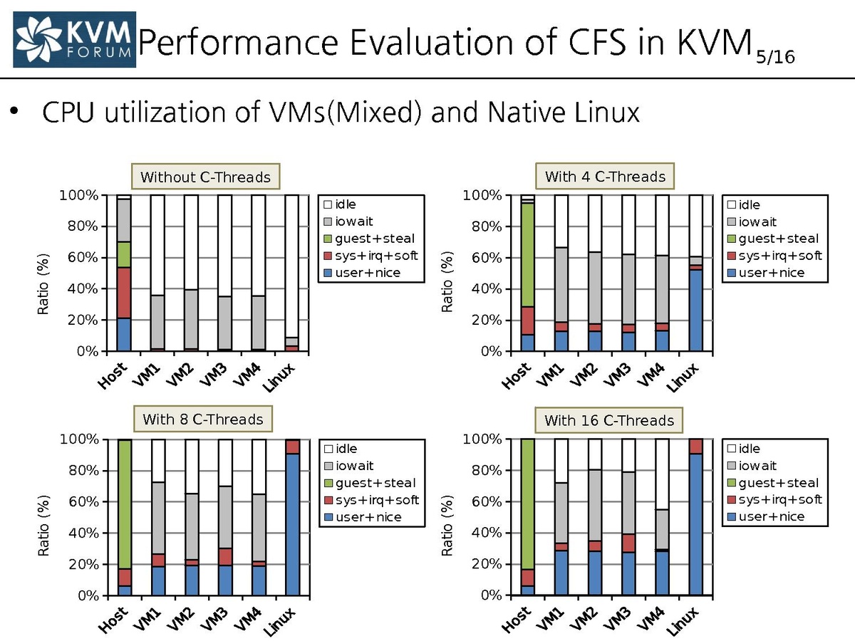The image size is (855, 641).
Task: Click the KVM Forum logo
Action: pos(74,38)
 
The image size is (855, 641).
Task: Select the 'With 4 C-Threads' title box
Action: pos(605,176)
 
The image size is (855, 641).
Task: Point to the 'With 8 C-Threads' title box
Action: pos(202,419)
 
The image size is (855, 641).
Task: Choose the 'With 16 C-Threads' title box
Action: pos(608,420)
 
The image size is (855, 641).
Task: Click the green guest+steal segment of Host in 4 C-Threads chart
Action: pos(527,255)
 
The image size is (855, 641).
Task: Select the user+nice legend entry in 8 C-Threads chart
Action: pos(368,517)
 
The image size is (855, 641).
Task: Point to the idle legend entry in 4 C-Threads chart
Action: pos(748,205)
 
